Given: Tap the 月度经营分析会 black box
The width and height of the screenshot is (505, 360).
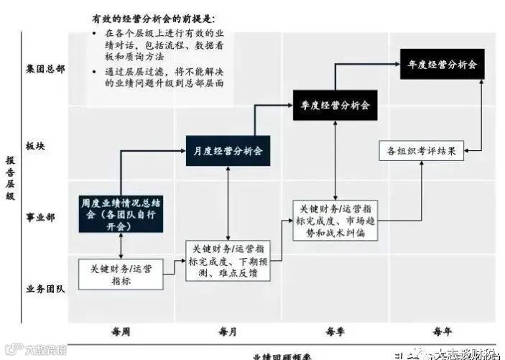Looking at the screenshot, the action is click(x=228, y=151).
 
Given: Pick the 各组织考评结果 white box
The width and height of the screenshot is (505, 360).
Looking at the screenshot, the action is click(x=420, y=151).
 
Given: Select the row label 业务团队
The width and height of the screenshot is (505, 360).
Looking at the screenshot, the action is click(x=45, y=289).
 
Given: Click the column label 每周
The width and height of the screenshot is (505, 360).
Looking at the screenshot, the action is click(x=121, y=331).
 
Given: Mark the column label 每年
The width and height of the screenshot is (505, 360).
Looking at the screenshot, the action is click(x=443, y=331).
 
